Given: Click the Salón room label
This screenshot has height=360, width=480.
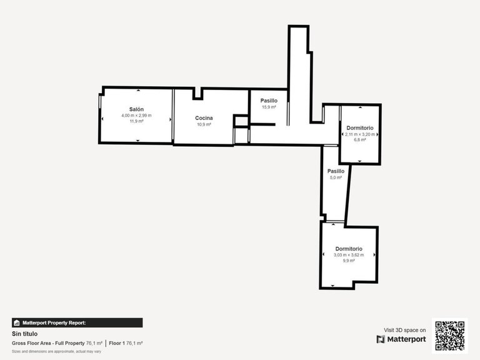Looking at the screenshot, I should pyautogui.click(x=137, y=109).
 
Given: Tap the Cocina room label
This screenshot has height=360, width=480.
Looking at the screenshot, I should pyautogui.click(x=204, y=118).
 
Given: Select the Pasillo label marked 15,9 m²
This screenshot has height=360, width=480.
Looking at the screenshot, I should pyautogui.click(x=269, y=100).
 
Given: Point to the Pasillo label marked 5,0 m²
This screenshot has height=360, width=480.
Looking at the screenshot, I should pyautogui.click(x=336, y=171).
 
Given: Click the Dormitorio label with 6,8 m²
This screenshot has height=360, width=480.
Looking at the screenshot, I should pyautogui.click(x=360, y=127).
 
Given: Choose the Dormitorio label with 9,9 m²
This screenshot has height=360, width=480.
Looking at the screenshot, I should pyautogui.click(x=349, y=248).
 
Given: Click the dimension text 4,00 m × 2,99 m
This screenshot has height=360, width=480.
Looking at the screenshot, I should pyautogui.click(x=137, y=116).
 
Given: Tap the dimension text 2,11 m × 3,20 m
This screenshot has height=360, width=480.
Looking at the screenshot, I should pyautogui.click(x=360, y=134).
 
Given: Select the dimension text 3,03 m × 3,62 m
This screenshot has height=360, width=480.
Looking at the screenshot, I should pyautogui.click(x=349, y=254).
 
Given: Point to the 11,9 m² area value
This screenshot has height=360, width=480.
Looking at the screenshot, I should pyautogui.click(x=137, y=121).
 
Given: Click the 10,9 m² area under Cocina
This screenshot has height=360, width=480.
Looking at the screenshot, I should pyautogui.click(x=204, y=124).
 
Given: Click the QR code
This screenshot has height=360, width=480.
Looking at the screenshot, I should pyautogui.click(x=449, y=336).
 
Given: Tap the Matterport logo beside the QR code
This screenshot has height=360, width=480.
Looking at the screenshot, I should pyautogui.click(x=401, y=339).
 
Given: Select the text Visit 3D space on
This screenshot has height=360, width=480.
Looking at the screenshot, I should pyautogui.click(x=404, y=330).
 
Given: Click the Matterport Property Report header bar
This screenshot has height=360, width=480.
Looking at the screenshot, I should pyautogui.click(x=77, y=323).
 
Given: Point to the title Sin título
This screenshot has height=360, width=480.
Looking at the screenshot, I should pyautogui.click(x=25, y=334).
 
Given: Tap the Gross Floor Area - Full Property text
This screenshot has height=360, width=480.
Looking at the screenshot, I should pyautogui.click(x=49, y=343).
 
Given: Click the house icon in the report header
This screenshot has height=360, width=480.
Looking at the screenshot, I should pyautogui.click(x=17, y=323).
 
